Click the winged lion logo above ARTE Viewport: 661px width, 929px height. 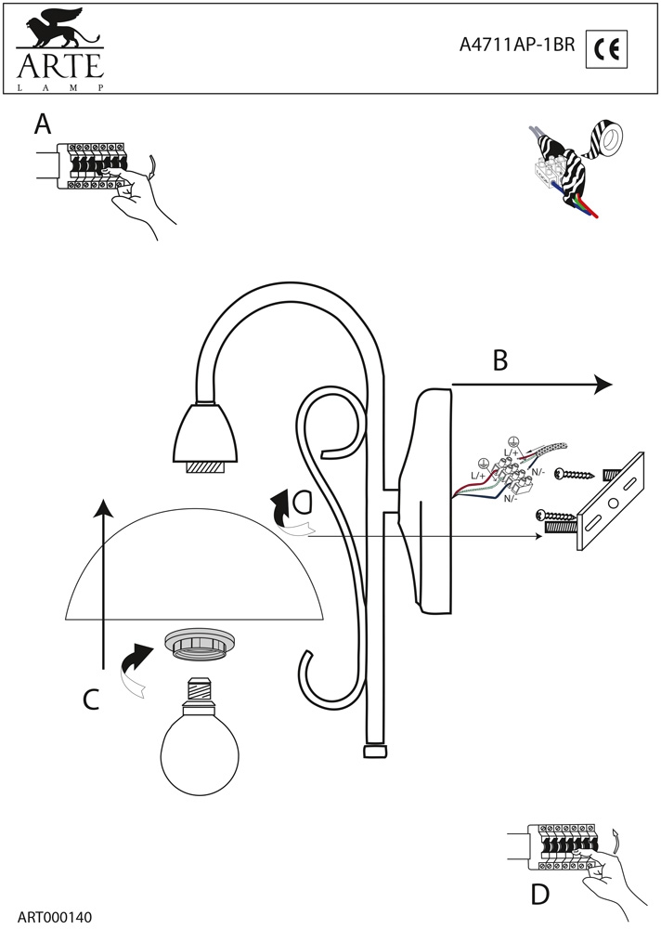coord(58,30)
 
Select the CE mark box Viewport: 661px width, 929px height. coord(607,47)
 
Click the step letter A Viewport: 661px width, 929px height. coord(42,124)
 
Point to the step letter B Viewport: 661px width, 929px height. coord(500,360)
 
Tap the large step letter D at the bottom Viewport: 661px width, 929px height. coord(539,894)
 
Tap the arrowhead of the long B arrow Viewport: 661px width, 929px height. coord(603,384)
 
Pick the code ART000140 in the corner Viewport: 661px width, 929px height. coord(55,917)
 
